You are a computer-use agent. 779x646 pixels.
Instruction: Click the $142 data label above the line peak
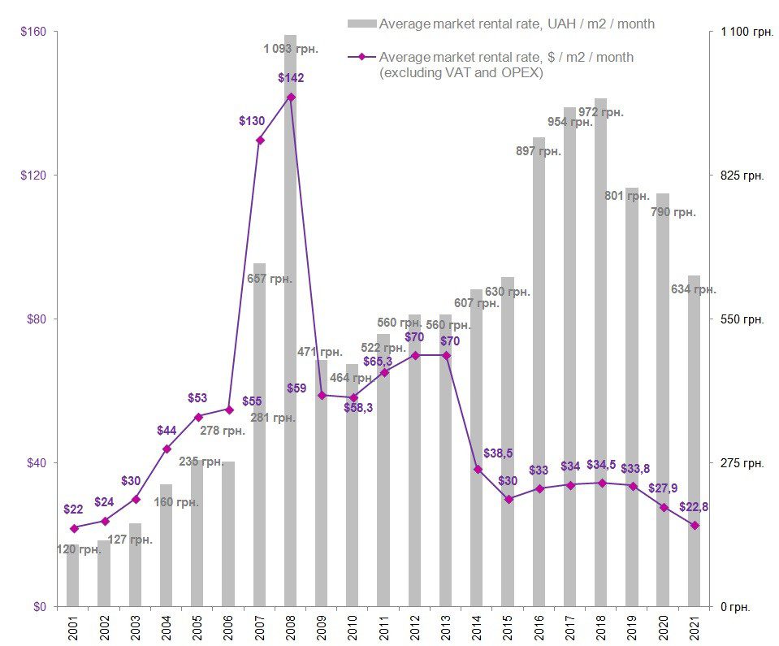(291, 78)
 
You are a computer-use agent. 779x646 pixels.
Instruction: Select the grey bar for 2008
(291, 325)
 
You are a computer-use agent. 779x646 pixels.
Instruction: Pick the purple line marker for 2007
(260, 141)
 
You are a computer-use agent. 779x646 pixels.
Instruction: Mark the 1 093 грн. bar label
(291, 48)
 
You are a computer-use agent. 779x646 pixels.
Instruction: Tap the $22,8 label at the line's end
(694, 507)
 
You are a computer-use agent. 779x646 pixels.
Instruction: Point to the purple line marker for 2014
(478, 469)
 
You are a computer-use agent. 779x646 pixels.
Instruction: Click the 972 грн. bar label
(606, 112)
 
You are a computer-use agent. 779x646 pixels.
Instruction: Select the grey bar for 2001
(73, 577)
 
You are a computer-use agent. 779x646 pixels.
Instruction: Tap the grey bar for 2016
(539, 374)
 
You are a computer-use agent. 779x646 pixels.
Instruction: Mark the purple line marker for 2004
(167, 449)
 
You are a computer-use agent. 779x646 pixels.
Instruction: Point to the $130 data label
(252, 120)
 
